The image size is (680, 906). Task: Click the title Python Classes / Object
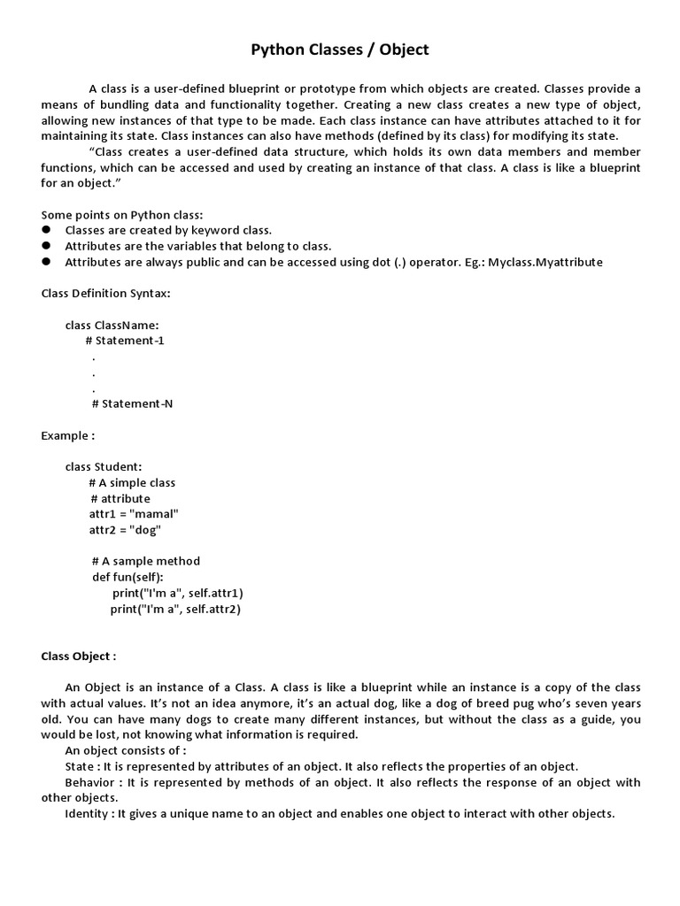340,50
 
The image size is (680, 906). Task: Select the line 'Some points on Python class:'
122,215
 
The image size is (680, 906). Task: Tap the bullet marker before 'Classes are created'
46,230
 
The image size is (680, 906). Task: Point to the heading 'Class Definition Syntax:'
106,293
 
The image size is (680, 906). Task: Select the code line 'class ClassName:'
112,325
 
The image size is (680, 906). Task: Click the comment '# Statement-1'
125,341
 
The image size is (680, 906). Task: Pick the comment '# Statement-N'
133,403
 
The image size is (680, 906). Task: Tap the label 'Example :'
68,435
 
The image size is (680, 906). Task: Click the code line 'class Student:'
104,466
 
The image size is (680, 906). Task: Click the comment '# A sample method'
146,561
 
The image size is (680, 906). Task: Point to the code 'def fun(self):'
128,577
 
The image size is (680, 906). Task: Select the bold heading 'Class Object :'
79,656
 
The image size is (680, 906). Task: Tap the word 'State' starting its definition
81,766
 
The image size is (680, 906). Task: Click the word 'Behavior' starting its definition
91,782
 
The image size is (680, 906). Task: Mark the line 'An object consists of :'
126,750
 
